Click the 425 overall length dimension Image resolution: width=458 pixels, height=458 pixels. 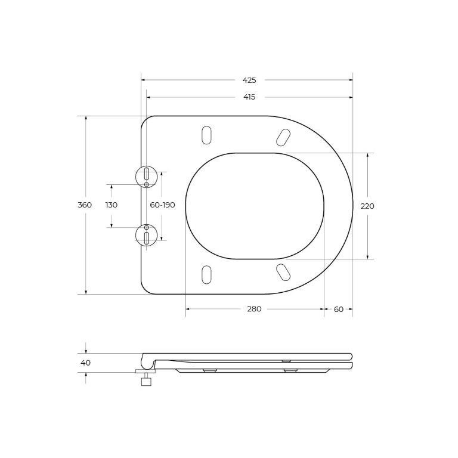tap(249, 80)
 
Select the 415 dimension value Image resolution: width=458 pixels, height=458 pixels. tap(249, 97)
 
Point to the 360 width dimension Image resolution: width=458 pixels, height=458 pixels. tap(85, 205)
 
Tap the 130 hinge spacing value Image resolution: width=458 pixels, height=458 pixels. tap(112, 205)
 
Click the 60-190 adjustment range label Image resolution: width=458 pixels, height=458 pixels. tap(162, 205)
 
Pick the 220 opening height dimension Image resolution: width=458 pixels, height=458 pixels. tap(367, 206)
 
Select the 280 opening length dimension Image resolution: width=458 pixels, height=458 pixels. tap(254, 309)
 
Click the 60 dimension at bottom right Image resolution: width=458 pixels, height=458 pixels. tap(339, 309)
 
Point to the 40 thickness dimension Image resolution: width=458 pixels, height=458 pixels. tap(85, 363)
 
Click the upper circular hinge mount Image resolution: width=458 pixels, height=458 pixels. tap(146, 177)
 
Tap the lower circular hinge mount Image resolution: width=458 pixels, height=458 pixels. tap(146, 234)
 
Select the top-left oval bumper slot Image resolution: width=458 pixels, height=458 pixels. tap(206, 135)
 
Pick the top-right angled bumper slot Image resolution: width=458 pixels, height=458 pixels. tap(283, 137)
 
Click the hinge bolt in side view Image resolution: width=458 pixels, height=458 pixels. tap(146, 378)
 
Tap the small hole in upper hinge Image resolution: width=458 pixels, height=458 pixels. tap(147, 184)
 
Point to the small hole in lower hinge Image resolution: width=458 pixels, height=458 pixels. tap(147, 228)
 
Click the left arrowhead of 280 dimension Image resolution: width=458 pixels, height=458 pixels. tap(188, 309)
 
